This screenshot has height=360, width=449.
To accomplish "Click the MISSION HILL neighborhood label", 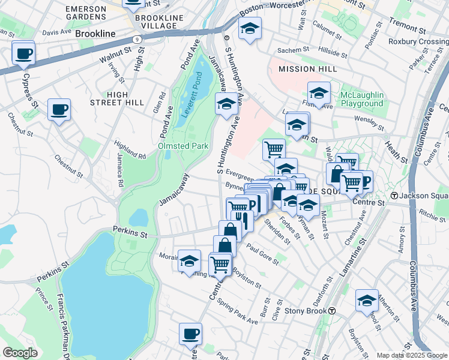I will pyautogui.click(x=308, y=70).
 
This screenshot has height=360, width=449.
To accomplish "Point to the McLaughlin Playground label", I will pyautogui.click(x=362, y=100).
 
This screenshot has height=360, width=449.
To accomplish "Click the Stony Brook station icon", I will pyautogui.click(x=331, y=311).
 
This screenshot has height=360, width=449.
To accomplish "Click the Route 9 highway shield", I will pyautogui.click(x=138, y=39).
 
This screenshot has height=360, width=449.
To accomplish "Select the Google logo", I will pyautogui.click(x=20, y=353).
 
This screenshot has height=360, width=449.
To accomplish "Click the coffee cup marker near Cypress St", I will pyautogui.click(x=23, y=54).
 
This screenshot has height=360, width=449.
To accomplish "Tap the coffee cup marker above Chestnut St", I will pyautogui.click(x=59, y=110).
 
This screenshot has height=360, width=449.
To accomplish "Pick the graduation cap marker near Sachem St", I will pyautogui.click(x=250, y=28).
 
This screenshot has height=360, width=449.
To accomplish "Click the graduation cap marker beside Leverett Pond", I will pyautogui.click(x=226, y=104).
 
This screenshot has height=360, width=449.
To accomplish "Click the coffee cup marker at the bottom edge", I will pyautogui.click(x=190, y=334).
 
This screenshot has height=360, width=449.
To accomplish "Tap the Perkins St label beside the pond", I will pyautogui.click(x=130, y=230).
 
